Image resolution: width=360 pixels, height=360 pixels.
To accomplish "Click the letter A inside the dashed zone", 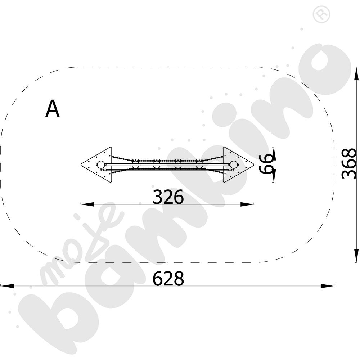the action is pyautogui.click(x=53, y=109).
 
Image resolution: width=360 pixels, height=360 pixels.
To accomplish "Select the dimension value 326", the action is pyautogui.click(x=168, y=197).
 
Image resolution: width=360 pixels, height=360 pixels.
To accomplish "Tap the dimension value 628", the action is pyautogui.click(x=168, y=279).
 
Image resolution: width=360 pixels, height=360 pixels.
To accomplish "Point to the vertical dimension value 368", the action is pyautogui.click(x=349, y=163).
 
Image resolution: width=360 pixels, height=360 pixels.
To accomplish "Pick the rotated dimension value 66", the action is pyautogui.click(x=266, y=164).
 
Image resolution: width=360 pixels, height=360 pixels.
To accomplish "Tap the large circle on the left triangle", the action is pyautogui.click(x=100, y=165).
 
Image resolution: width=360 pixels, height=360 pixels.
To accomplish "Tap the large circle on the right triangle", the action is pyautogui.click(x=234, y=165).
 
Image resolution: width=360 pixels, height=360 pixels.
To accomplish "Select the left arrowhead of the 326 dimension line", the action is pyautogui.click(x=87, y=204).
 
